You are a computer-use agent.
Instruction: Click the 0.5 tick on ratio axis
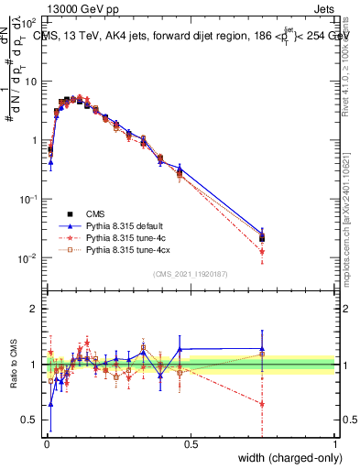point(30,420)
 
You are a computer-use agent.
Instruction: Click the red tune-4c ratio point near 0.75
point(262,403)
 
